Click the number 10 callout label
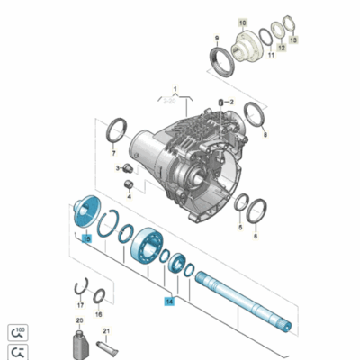click(240, 20)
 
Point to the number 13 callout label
click(292, 41)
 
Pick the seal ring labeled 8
click(254, 116)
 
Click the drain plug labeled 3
click(127, 168)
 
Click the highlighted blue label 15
click(86, 239)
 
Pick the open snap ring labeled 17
click(79, 290)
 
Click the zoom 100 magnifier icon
click(17, 331)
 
